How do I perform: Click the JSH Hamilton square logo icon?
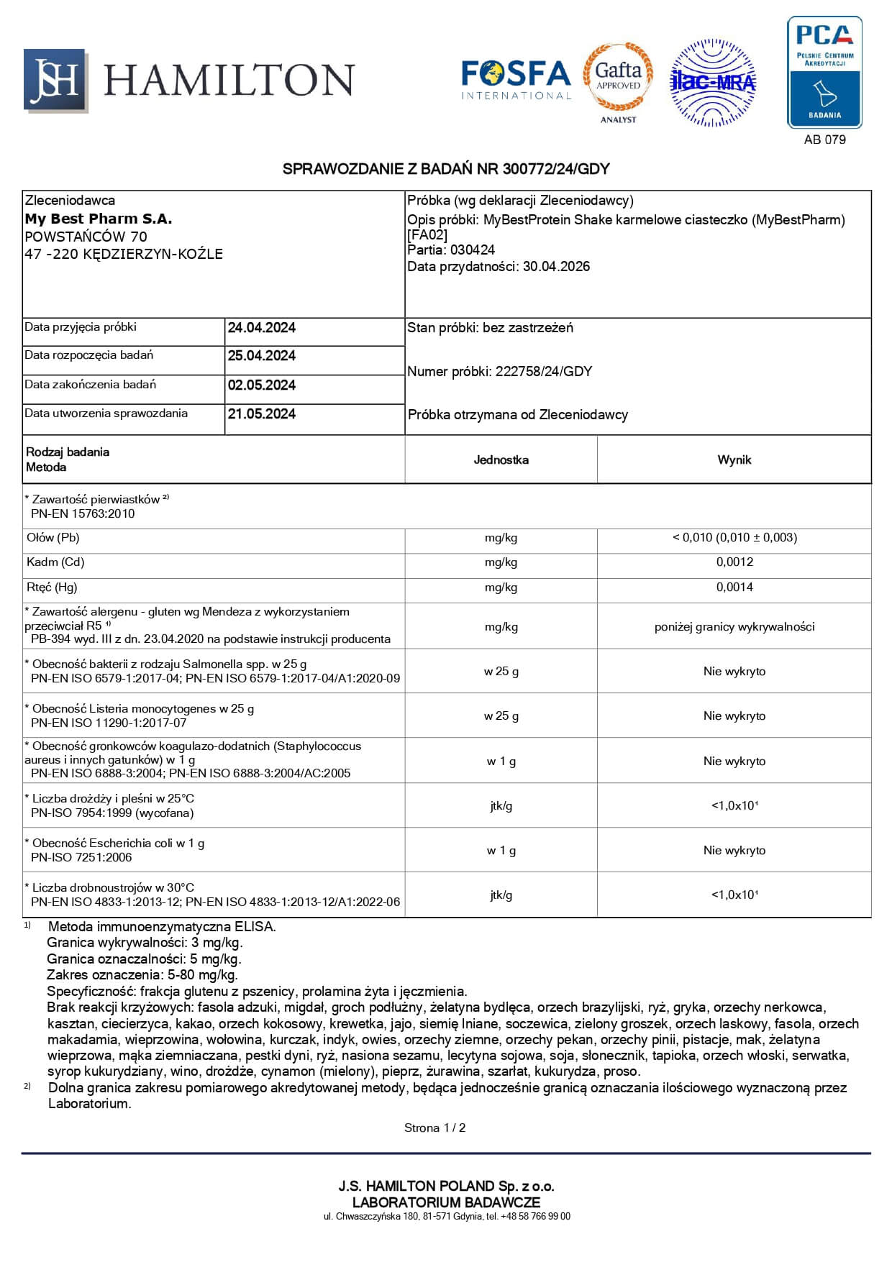(x=55, y=81)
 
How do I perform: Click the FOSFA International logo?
(x=516, y=79)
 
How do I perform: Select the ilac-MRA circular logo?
(x=712, y=83)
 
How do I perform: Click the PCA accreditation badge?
(x=824, y=72)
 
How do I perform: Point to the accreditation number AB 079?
(x=824, y=140)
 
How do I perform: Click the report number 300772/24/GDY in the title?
(x=556, y=169)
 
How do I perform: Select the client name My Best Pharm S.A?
(x=99, y=219)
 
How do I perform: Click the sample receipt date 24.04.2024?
(x=262, y=328)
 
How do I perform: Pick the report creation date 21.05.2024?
(x=262, y=414)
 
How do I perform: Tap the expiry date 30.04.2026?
(x=556, y=267)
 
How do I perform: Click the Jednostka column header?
(x=501, y=459)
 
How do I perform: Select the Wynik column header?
(x=734, y=459)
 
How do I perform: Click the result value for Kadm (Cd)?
(x=734, y=562)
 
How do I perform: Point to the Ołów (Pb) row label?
(x=53, y=538)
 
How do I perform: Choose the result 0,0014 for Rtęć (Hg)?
(x=734, y=587)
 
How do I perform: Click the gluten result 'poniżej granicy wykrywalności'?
(x=734, y=627)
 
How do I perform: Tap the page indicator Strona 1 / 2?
(x=434, y=1128)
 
